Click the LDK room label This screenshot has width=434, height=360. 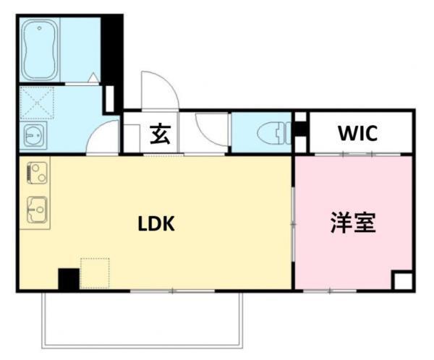click(156, 223)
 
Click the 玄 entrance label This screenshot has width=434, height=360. click(161, 135)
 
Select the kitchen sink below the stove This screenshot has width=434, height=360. click(35, 209)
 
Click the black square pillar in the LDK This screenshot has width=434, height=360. click(68, 280)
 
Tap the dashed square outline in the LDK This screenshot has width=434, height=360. click(94, 274)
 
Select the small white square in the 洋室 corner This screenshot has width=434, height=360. click(403, 281)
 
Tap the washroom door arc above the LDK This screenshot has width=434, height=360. click(105, 137)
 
